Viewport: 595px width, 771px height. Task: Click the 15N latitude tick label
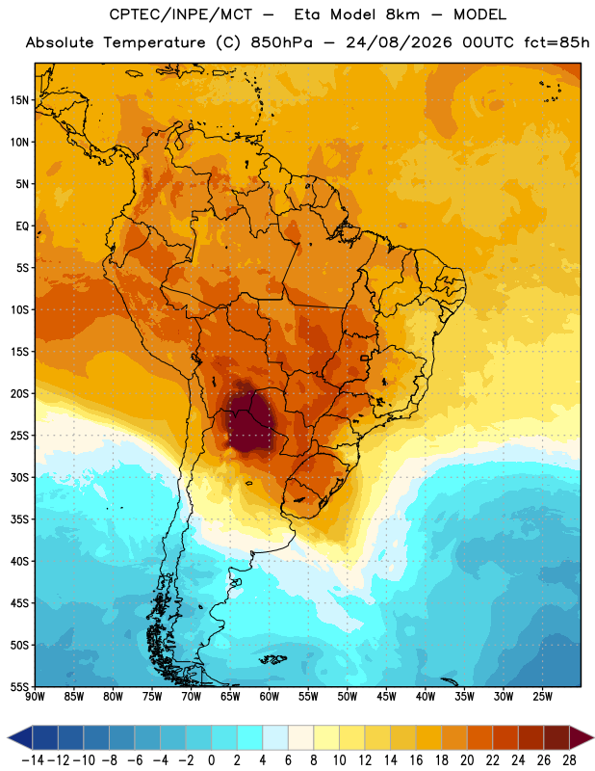point(19,100)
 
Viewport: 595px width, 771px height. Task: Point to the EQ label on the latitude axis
point(22,226)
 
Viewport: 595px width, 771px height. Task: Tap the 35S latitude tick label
point(19,519)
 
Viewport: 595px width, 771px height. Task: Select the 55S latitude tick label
point(19,687)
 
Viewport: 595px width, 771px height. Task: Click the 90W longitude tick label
point(35,697)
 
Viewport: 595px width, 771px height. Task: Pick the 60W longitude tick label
point(270,697)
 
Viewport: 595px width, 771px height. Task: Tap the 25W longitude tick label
point(542,697)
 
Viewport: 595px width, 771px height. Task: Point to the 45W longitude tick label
point(386,697)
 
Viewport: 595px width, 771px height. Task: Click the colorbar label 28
point(569,760)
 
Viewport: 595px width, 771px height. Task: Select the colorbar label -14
point(33,760)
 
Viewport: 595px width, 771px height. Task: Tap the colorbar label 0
point(211,760)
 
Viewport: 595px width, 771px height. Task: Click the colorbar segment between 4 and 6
point(275,737)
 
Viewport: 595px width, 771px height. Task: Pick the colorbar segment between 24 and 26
point(531,737)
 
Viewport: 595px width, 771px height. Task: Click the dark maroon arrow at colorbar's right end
point(580,737)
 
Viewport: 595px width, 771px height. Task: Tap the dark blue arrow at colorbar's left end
point(20,737)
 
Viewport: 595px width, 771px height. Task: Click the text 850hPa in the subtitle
point(281,42)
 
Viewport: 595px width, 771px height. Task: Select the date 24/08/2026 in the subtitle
point(399,42)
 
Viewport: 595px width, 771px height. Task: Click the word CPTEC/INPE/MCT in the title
point(180,14)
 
